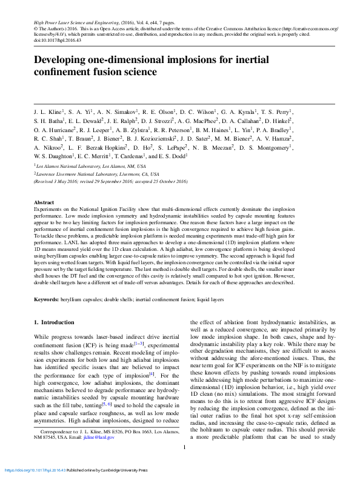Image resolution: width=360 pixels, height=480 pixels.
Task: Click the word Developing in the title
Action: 64,60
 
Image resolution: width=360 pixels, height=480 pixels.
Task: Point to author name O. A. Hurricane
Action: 54,130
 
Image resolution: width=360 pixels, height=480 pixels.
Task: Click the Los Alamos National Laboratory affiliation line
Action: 91,165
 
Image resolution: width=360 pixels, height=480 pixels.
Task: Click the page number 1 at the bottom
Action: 183,464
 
